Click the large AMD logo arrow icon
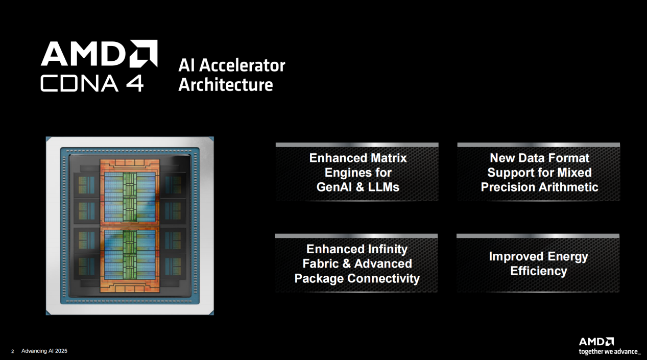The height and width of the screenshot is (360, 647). coord(143,54)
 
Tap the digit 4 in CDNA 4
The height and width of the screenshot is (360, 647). coord(135,84)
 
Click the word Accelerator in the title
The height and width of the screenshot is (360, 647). coord(242,65)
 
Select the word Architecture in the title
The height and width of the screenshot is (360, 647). coord(226,85)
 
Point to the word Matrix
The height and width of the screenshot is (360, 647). coord(389,158)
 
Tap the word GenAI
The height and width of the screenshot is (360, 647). coord(334,187)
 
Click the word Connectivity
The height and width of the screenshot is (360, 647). coord(384,278)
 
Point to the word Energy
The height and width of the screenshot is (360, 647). coord(568,257)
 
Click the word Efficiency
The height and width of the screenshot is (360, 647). coord(539,271)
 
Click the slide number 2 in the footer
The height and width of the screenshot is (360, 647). coord(12,351)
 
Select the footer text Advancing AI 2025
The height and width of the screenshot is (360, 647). coord(44,351)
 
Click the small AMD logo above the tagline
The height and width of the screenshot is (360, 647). coord(596,342)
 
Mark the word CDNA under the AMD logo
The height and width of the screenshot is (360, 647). coord(80,84)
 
